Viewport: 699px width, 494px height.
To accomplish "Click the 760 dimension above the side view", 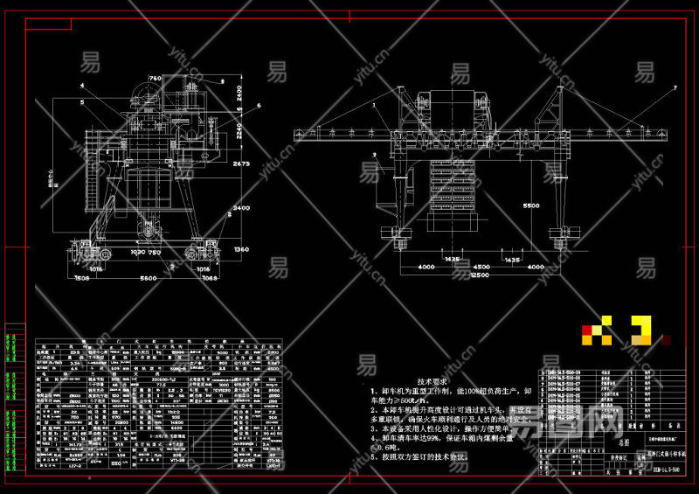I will coord(156,79).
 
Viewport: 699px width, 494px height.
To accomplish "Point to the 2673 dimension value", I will coord(241,164).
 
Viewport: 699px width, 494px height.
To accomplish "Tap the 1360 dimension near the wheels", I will coord(241,249).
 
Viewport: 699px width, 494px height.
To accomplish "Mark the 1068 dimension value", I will coord(210,278).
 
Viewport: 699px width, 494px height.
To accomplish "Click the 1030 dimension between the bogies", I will coord(137,253).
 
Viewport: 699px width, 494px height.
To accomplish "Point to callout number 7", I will coord(675,88).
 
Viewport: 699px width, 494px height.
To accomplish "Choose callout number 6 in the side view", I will coord(259,106).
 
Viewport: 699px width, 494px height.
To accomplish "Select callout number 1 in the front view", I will coord(372,104).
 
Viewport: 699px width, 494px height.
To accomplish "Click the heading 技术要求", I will coord(431,382).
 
